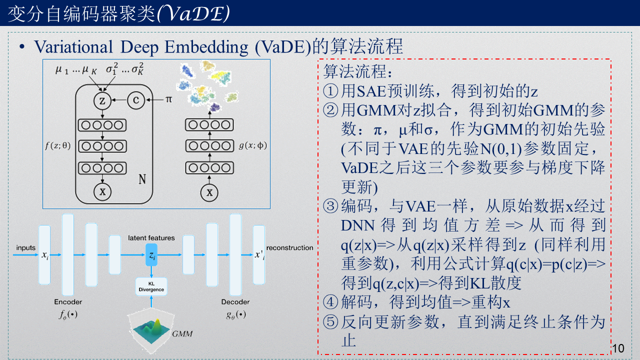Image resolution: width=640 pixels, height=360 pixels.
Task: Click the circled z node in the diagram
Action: (x=102, y=100)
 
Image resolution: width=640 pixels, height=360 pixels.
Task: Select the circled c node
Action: (x=135, y=100)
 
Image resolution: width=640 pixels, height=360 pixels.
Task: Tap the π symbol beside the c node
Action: (x=168, y=100)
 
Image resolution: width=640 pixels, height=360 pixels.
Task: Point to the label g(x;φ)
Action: (x=253, y=146)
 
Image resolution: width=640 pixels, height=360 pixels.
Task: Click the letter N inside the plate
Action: (x=142, y=179)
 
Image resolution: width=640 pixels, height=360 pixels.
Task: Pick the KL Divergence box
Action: (x=151, y=286)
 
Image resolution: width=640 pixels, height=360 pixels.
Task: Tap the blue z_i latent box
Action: (x=151, y=256)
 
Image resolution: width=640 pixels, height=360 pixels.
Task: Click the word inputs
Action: (x=26, y=248)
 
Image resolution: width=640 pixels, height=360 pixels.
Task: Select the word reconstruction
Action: (x=289, y=248)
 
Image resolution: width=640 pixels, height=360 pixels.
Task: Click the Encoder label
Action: (x=68, y=302)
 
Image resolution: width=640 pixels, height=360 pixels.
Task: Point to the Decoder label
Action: (x=235, y=302)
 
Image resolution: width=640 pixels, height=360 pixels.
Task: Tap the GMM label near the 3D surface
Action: (x=182, y=333)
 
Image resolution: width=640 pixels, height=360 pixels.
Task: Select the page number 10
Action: (x=618, y=348)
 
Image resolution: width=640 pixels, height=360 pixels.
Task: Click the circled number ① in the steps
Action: (x=331, y=91)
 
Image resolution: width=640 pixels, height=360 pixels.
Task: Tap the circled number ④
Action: (x=331, y=303)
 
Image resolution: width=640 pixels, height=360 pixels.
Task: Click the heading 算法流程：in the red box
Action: (x=355, y=71)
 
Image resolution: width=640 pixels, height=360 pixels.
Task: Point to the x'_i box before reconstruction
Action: (x=258, y=255)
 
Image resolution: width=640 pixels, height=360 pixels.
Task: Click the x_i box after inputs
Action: (x=45, y=255)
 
